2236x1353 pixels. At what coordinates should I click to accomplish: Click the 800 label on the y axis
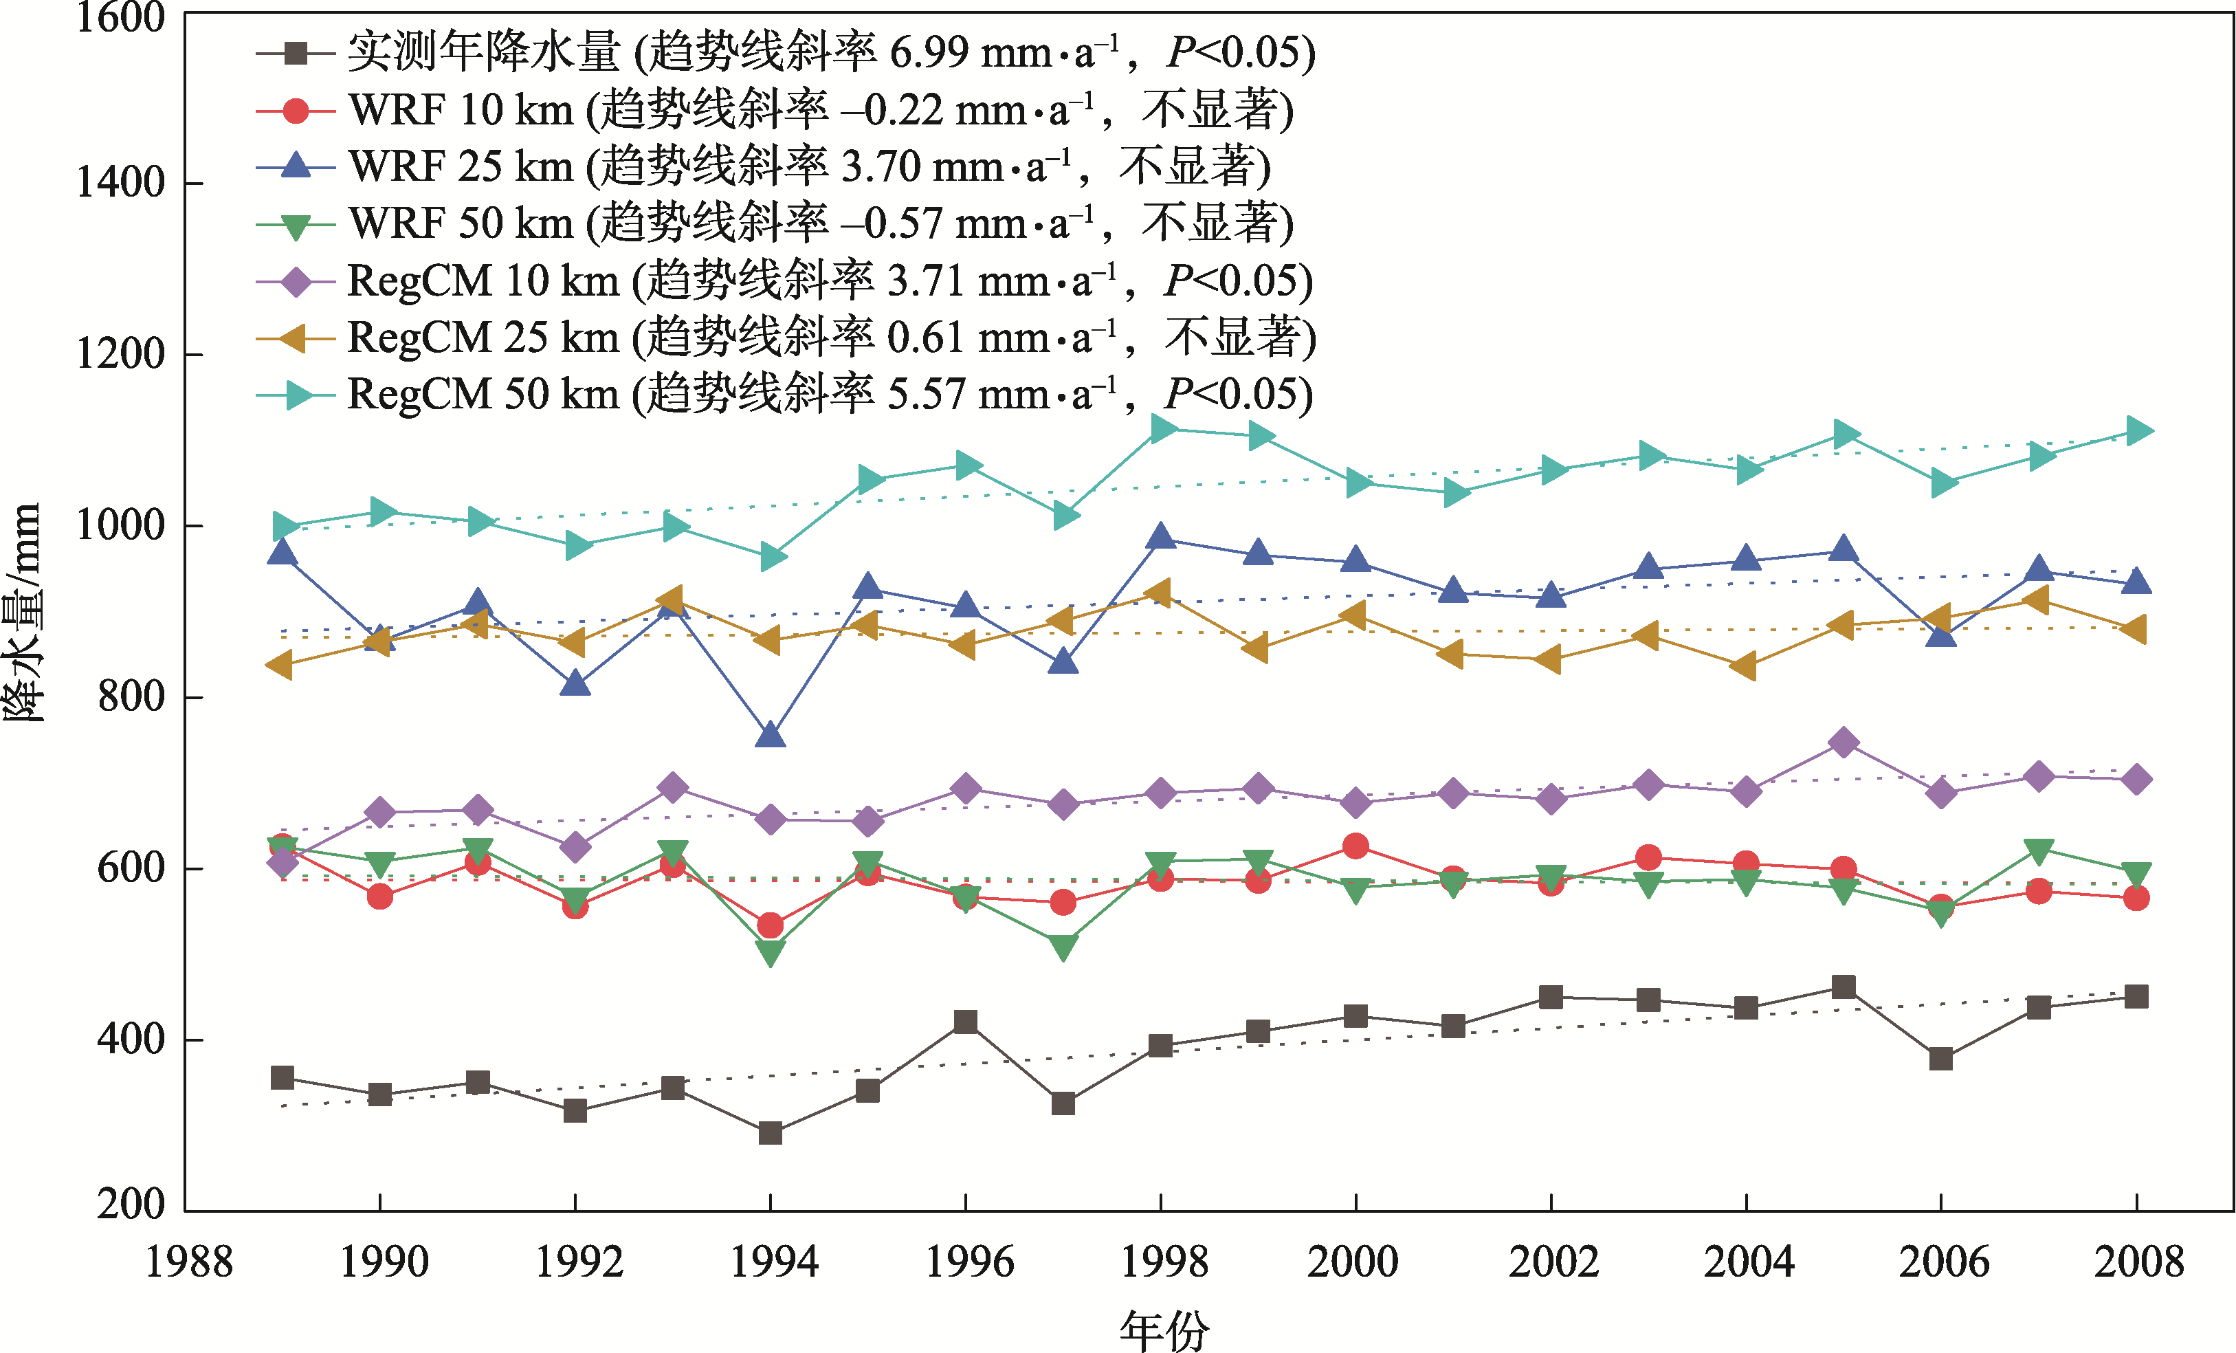131,697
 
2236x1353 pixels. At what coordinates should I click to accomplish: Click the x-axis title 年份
1164,1331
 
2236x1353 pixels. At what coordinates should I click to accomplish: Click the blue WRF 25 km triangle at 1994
771,735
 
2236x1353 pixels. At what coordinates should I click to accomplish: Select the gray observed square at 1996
966,1022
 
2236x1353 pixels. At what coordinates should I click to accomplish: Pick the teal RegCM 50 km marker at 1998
1162,428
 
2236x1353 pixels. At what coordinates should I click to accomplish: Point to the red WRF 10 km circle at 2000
1355,846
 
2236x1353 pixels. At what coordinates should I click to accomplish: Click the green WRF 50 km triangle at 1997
1063,947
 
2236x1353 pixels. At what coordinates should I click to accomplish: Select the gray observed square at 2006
1941,1058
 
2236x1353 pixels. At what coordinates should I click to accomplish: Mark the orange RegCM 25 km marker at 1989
280,665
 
